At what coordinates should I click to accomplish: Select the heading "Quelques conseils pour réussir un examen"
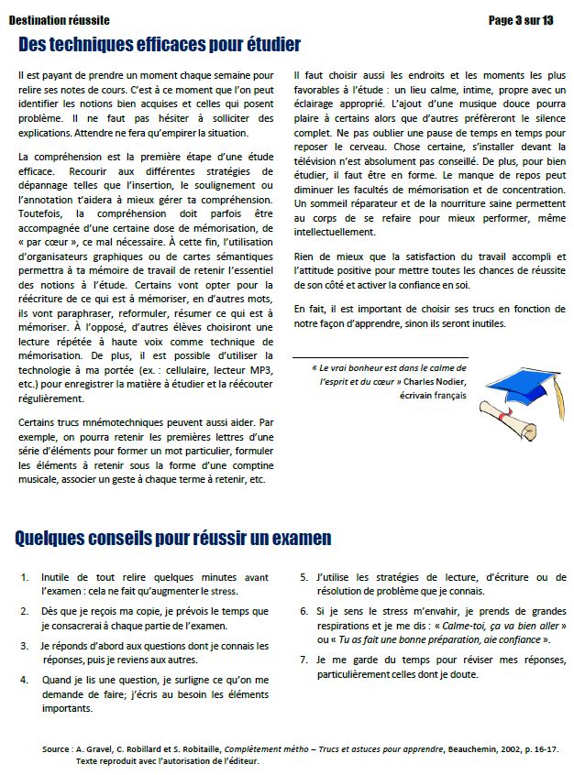[173, 538]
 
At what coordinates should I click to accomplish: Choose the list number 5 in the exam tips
[304, 578]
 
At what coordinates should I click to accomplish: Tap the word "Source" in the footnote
[57, 749]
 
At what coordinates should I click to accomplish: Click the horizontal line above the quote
[380, 358]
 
